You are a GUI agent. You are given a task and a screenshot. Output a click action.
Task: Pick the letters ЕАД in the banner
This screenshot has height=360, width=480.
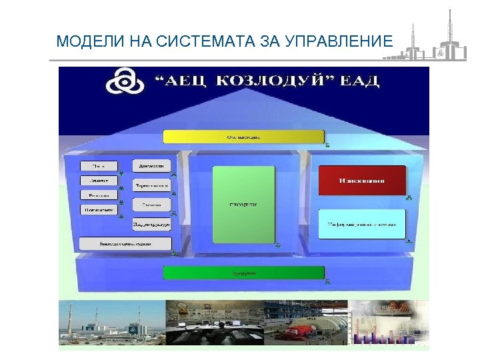pyautogui.click(x=361, y=82)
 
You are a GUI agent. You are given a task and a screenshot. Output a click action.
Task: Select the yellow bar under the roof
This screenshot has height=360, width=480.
pyautogui.click(x=244, y=137)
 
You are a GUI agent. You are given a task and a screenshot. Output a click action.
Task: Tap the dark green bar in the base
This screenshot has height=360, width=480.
pyautogui.click(x=244, y=273)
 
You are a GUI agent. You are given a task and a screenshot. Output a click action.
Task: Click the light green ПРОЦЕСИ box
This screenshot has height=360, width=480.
pyautogui.click(x=244, y=204)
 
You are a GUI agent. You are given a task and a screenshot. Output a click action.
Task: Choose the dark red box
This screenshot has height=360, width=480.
pyautogui.click(x=361, y=181)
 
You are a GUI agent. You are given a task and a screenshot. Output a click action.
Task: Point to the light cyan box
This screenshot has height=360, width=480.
pyautogui.click(x=361, y=225)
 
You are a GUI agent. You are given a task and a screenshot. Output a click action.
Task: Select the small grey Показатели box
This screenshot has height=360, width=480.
pyautogui.click(x=99, y=209)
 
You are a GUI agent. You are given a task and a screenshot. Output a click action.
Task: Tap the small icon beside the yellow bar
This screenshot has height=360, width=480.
pyautogui.click(x=327, y=144)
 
